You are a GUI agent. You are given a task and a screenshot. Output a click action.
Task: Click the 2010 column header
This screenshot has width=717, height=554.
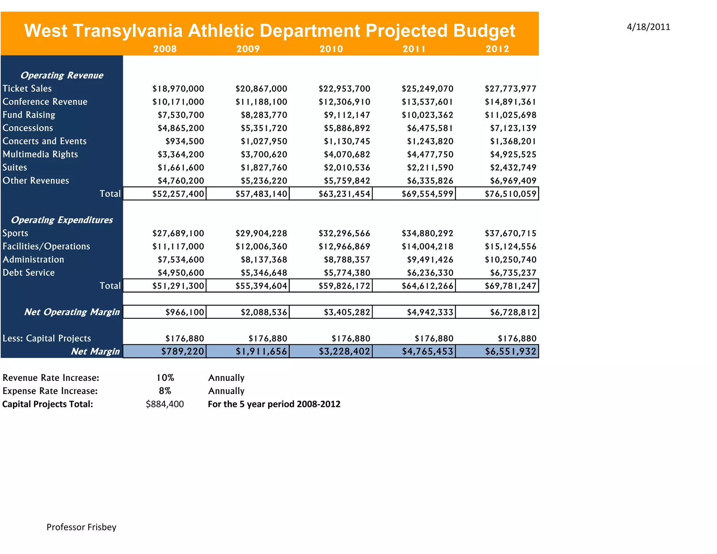click(x=331, y=49)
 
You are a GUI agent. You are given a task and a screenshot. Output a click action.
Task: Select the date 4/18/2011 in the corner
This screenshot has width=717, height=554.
click(x=648, y=27)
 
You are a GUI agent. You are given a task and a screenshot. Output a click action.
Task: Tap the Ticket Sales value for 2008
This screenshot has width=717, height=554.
click(x=178, y=89)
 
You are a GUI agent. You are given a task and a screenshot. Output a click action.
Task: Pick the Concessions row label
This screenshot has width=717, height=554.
click(x=28, y=128)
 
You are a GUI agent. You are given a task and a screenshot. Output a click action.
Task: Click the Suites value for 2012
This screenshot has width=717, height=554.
click(x=513, y=167)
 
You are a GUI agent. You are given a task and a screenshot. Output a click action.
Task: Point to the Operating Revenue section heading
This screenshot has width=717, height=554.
click(x=62, y=75)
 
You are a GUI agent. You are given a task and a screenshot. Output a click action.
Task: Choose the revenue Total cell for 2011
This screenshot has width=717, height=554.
click(x=427, y=194)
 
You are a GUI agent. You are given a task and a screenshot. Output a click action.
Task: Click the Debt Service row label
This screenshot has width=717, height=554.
click(x=29, y=272)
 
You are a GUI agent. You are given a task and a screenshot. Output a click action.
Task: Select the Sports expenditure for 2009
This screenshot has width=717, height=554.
click(x=261, y=233)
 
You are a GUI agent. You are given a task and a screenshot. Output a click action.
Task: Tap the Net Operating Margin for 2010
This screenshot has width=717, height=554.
click(x=347, y=312)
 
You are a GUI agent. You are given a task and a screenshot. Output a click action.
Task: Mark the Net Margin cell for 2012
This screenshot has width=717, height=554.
click(x=510, y=351)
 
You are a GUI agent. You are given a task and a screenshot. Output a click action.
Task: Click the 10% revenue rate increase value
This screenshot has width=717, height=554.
click(x=165, y=378)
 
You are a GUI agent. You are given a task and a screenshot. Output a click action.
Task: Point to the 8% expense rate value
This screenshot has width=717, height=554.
click(x=165, y=391)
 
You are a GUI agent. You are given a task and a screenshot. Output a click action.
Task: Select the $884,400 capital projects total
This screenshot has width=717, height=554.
click(x=165, y=404)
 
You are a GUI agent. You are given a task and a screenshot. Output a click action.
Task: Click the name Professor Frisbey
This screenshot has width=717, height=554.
click(x=81, y=527)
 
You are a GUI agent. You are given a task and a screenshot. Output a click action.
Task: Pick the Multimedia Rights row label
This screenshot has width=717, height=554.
click(x=40, y=154)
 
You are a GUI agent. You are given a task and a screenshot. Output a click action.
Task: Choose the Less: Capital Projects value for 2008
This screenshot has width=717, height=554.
click(x=185, y=338)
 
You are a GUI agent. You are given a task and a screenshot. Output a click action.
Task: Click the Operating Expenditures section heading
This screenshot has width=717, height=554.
click(x=62, y=220)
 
